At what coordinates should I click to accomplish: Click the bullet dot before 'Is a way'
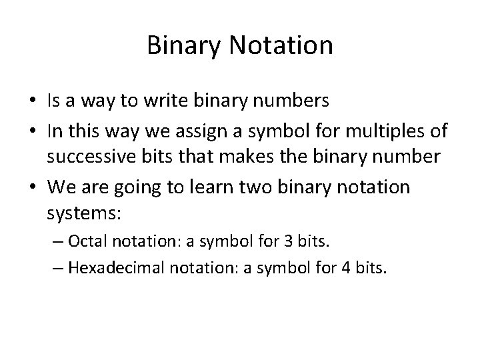33,102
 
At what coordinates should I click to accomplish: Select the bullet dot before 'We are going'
33,188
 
